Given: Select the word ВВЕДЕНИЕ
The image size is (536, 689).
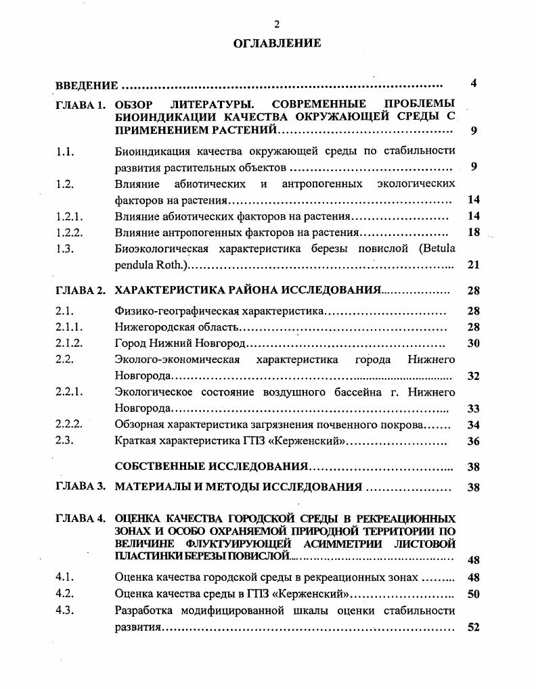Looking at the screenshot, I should point(87,86).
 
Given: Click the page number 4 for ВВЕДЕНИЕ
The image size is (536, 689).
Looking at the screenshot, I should point(474,84).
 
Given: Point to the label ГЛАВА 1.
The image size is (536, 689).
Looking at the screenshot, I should point(81,105).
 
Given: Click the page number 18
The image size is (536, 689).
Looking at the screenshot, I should point(474,233).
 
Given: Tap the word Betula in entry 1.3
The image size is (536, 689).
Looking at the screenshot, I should point(438,249).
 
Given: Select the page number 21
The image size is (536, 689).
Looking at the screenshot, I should point(474,265).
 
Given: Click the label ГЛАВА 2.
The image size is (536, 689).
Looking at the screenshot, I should point(81,291).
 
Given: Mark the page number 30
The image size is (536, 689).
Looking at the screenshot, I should point(474,343).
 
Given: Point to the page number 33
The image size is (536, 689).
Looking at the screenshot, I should point(474,408).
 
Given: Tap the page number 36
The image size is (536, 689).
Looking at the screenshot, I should point(474,441).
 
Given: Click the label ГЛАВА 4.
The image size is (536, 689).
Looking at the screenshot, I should point(81,519).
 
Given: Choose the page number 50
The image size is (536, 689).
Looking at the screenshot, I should point(474,594).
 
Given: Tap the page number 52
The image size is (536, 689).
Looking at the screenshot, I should point(474,627).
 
